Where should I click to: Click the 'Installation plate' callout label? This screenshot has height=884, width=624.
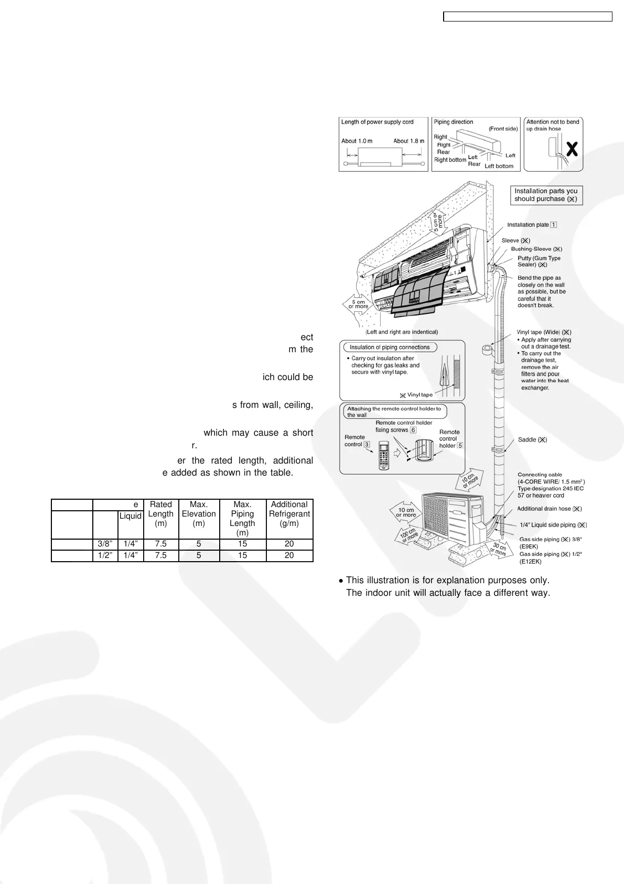coord(531,225)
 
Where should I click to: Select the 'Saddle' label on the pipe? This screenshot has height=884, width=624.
coord(532,440)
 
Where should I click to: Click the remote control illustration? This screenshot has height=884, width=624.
coord(380,456)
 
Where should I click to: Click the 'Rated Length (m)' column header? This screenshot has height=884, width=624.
coord(160,514)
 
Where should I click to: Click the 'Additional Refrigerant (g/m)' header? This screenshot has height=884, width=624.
coord(289,514)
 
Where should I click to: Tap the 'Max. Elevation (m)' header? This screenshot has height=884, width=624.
coord(199,514)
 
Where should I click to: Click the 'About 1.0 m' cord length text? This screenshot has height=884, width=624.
coord(357,141)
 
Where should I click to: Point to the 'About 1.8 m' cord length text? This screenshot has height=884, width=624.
coord(409,141)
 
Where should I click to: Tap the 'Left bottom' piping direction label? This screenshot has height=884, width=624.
coord(499,166)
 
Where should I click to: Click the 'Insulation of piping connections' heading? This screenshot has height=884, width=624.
coord(390,348)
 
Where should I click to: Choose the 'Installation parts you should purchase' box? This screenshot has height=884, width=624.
coord(546,195)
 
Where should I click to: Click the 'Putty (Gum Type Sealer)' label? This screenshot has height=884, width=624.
coord(539,261)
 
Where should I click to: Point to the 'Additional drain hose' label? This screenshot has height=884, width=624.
coord(550,509)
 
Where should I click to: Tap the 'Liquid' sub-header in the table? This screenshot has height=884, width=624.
coord(131,516)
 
